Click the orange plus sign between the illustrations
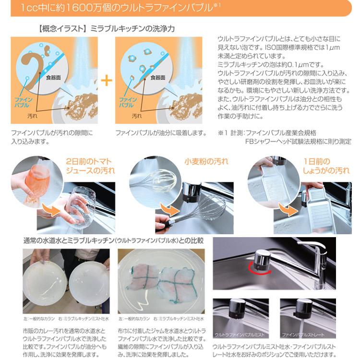coord(106,79)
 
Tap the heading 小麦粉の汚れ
coord(206,162)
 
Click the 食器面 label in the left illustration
coord(54,76)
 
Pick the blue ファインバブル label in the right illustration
coord(127,102)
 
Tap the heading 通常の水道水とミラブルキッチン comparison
coord(113,240)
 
